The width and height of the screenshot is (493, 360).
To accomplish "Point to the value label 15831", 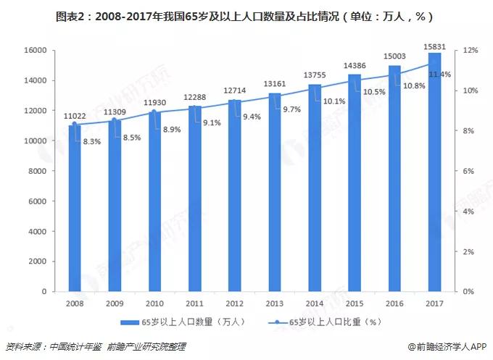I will (434, 46).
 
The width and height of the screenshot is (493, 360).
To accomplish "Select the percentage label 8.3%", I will (92, 143).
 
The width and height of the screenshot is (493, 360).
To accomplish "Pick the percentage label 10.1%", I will (333, 101).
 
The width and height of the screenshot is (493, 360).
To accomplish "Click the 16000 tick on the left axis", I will (36, 50).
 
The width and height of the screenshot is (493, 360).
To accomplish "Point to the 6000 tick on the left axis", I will (38, 201).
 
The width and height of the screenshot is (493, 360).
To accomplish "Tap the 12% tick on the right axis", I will (471, 50).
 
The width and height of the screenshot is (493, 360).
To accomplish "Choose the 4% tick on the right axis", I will (469, 212).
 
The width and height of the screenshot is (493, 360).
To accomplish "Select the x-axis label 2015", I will (355, 303).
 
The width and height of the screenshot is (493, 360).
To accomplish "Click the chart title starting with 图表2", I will (246, 15).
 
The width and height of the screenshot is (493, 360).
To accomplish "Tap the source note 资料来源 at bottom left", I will (95, 347).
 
